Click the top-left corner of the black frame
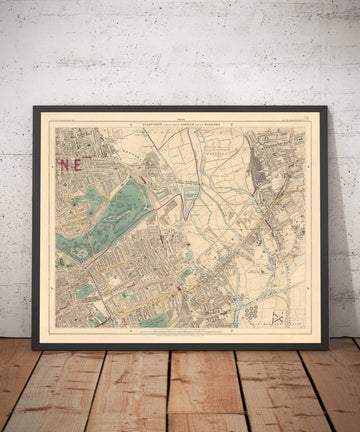(x=33, y=107)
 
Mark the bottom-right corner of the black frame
(x=332, y=348)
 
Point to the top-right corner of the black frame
(x=332, y=107)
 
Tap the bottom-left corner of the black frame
(x=33, y=348)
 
